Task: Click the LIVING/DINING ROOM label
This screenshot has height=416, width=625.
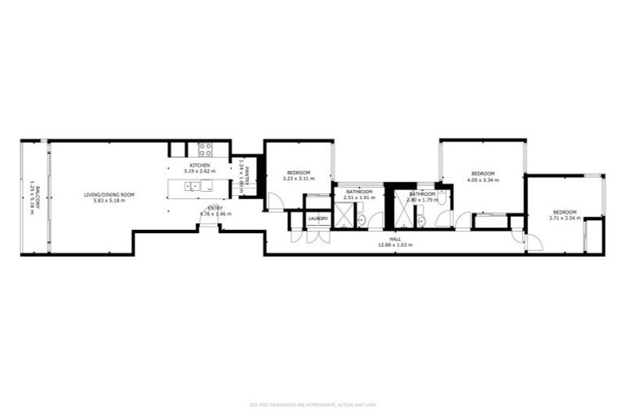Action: click(108, 194)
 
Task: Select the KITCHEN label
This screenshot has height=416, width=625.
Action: click(200, 166)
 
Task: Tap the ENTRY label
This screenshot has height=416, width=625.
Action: click(215, 208)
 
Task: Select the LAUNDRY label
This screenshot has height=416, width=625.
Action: click(317, 218)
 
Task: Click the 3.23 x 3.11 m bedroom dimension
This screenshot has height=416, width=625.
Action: click(297, 179)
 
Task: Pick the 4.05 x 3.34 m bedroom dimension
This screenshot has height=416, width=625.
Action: click(483, 180)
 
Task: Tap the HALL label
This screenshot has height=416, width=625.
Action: click(396, 239)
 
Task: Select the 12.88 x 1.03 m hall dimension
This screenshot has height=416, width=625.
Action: click(396, 245)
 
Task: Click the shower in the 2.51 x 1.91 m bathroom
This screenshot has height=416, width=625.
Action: click(345, 215)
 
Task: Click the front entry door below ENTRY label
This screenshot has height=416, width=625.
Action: click(209, 225)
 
